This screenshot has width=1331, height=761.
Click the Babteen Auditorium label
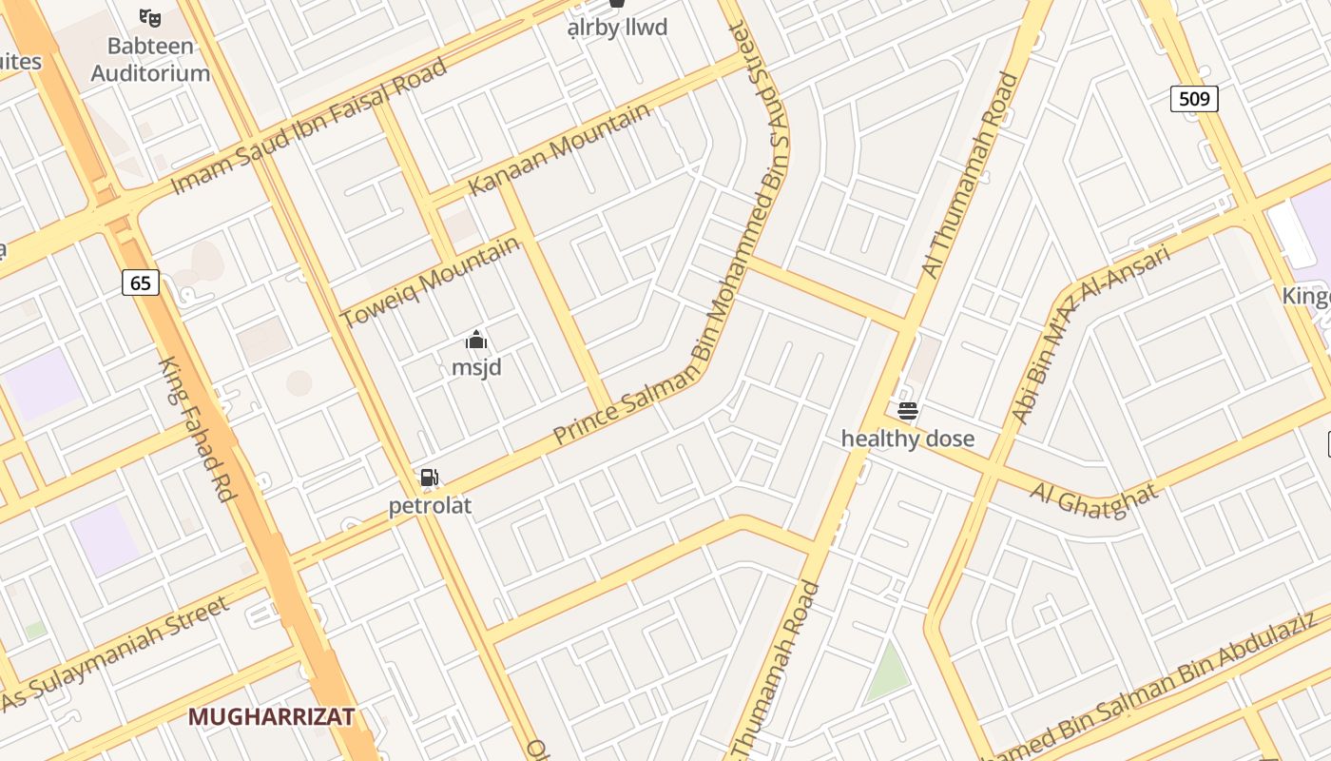tap(150, 59)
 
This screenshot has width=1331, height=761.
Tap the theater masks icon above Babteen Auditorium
tap(150, 17)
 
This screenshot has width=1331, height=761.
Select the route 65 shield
tap(141, 283)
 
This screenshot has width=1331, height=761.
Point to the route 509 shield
tap(1194, 98)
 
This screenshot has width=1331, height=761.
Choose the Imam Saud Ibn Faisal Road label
tap(308, 127)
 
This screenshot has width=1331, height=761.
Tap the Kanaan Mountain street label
tap(560, 147)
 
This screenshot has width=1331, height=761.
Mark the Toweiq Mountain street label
tap(432, 281)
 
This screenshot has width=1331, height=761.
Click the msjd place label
tap(476, 367)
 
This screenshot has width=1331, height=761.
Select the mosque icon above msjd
tap(476, 341)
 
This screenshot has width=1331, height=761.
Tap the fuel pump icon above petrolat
tap(429, 478)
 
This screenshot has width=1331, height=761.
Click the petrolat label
tap(430, 505)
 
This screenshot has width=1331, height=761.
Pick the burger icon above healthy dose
tap(908, 411)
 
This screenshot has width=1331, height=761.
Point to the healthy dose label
tap(908, 439)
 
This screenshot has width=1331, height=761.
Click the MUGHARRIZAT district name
tap(271, 716)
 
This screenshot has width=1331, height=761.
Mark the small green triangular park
tap(888, 673)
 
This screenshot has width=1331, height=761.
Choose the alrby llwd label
tap(617, 28)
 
